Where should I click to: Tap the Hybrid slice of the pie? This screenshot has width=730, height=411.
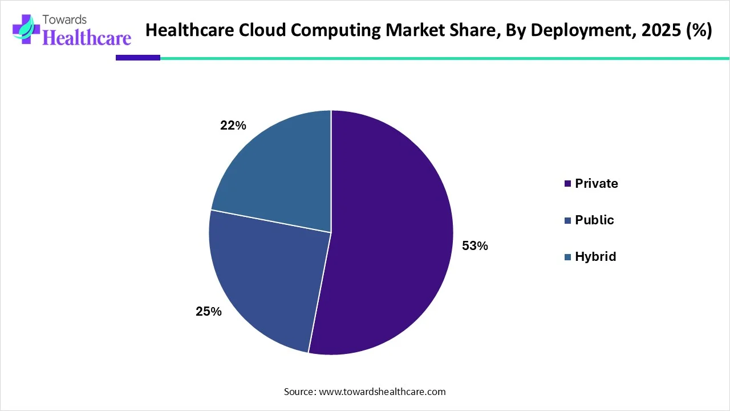279,171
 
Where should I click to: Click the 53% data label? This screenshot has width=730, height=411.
474,246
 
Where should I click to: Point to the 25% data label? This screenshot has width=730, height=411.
208,312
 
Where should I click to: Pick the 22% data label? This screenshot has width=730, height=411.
233,126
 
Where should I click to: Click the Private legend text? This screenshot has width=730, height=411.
596,183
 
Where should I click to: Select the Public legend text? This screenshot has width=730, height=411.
594,220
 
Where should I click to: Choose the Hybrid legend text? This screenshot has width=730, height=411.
595,256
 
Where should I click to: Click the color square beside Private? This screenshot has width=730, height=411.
567,184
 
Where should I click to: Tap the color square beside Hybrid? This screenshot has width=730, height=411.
567,257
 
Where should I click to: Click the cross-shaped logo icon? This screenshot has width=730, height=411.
25,30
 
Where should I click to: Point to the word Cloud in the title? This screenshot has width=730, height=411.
263,31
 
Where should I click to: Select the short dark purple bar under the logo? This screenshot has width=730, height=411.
138,58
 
